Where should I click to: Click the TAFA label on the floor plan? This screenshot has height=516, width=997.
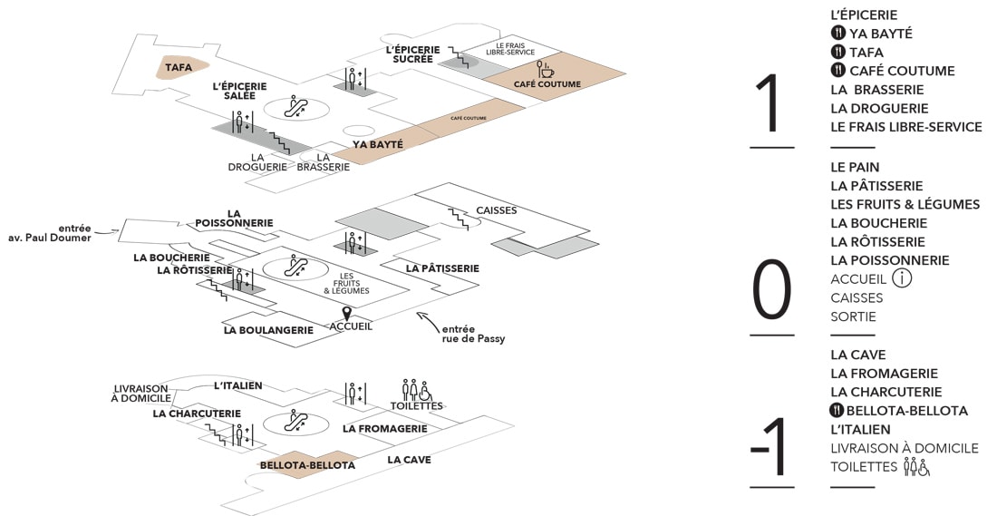[179, 66]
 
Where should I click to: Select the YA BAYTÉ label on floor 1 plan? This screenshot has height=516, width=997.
[378, 143]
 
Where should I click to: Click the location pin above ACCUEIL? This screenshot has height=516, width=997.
[345, 313]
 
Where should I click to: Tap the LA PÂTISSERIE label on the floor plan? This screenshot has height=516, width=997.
[442, 268]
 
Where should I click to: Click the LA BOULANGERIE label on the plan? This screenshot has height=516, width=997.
[268, 330]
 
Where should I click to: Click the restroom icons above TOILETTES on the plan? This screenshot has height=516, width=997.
[416, 390]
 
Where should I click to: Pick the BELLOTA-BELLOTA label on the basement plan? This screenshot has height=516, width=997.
[307, 465]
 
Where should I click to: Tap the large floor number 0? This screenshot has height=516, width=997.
[771, 291]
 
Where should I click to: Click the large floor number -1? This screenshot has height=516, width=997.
[771, 447]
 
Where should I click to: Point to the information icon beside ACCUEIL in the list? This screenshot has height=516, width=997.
[902, 278]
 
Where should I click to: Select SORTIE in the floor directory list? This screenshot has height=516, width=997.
[853, 316]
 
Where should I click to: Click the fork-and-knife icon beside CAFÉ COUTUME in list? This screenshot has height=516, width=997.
[838, 71]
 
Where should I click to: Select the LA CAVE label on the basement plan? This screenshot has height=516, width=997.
[409, 460]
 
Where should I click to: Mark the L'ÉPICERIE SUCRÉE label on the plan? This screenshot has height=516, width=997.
[412, 54]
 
